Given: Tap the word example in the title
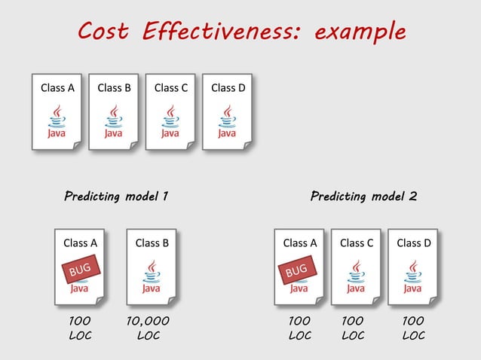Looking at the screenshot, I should pyautogui.click(x=360, y=32).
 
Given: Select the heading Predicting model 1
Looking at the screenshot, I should pyautogui.click(x=115, y=197).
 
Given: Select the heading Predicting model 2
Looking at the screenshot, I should pyautogui.click(x=363, y=197).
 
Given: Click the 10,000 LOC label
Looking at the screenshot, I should pyautogui.click(x=149, y=328).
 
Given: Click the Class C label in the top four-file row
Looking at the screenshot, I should pyautogui.click(x=171, y=87).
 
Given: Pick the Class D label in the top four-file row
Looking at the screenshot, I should pyautogui.click(x=228, y=87).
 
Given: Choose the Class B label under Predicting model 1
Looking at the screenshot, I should pyautogui.click(x=152, y=243).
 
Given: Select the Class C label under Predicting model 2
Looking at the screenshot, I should pyautogui.click(x=357, y=243).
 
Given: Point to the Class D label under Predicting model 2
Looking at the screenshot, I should pyautogui.click(x=413, y=243).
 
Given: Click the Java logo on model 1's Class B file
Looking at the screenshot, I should pyautogui.click(x=152, y=276).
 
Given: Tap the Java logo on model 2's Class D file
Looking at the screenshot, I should pyautogui.click(x=413, y=276).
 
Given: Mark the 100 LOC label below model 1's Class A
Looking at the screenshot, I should pyautogui.click(x=80, y=328).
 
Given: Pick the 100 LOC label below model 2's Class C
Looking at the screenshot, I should pyautogui.click(x=352, y=328).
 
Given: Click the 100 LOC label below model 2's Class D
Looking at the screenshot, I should pyautogui.click(x=413, y=328).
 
